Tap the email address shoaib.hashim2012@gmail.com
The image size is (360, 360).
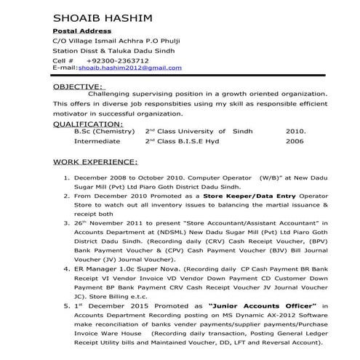click(130, 67)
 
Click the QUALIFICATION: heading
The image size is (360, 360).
click(88, 124)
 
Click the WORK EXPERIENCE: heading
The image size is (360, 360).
click(95, 161)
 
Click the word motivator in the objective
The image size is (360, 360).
click(71, 113)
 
